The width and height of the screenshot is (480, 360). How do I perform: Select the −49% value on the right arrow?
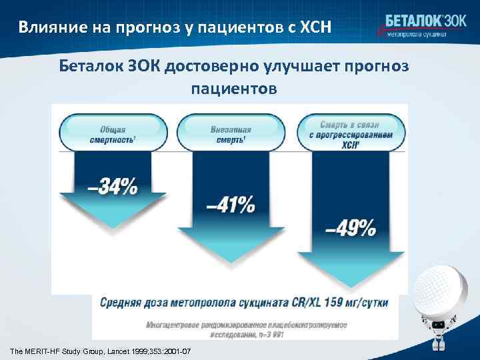[349, 229]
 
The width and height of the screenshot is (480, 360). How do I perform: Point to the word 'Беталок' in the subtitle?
[89, 67]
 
